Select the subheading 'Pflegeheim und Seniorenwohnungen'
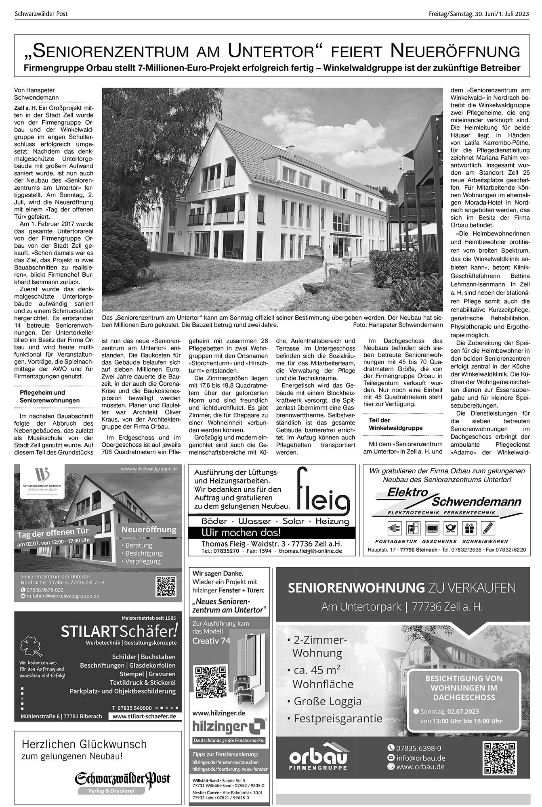click(x=50, y=396)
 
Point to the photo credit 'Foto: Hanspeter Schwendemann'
click(x=398, y=324)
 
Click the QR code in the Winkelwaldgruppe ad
click(x=166, y=586)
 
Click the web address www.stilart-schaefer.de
click(x=144, y=716)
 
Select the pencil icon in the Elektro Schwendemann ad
click(x=488, y=528)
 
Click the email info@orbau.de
click(x=421, y=758)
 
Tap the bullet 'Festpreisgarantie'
click(x=338, y=718)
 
